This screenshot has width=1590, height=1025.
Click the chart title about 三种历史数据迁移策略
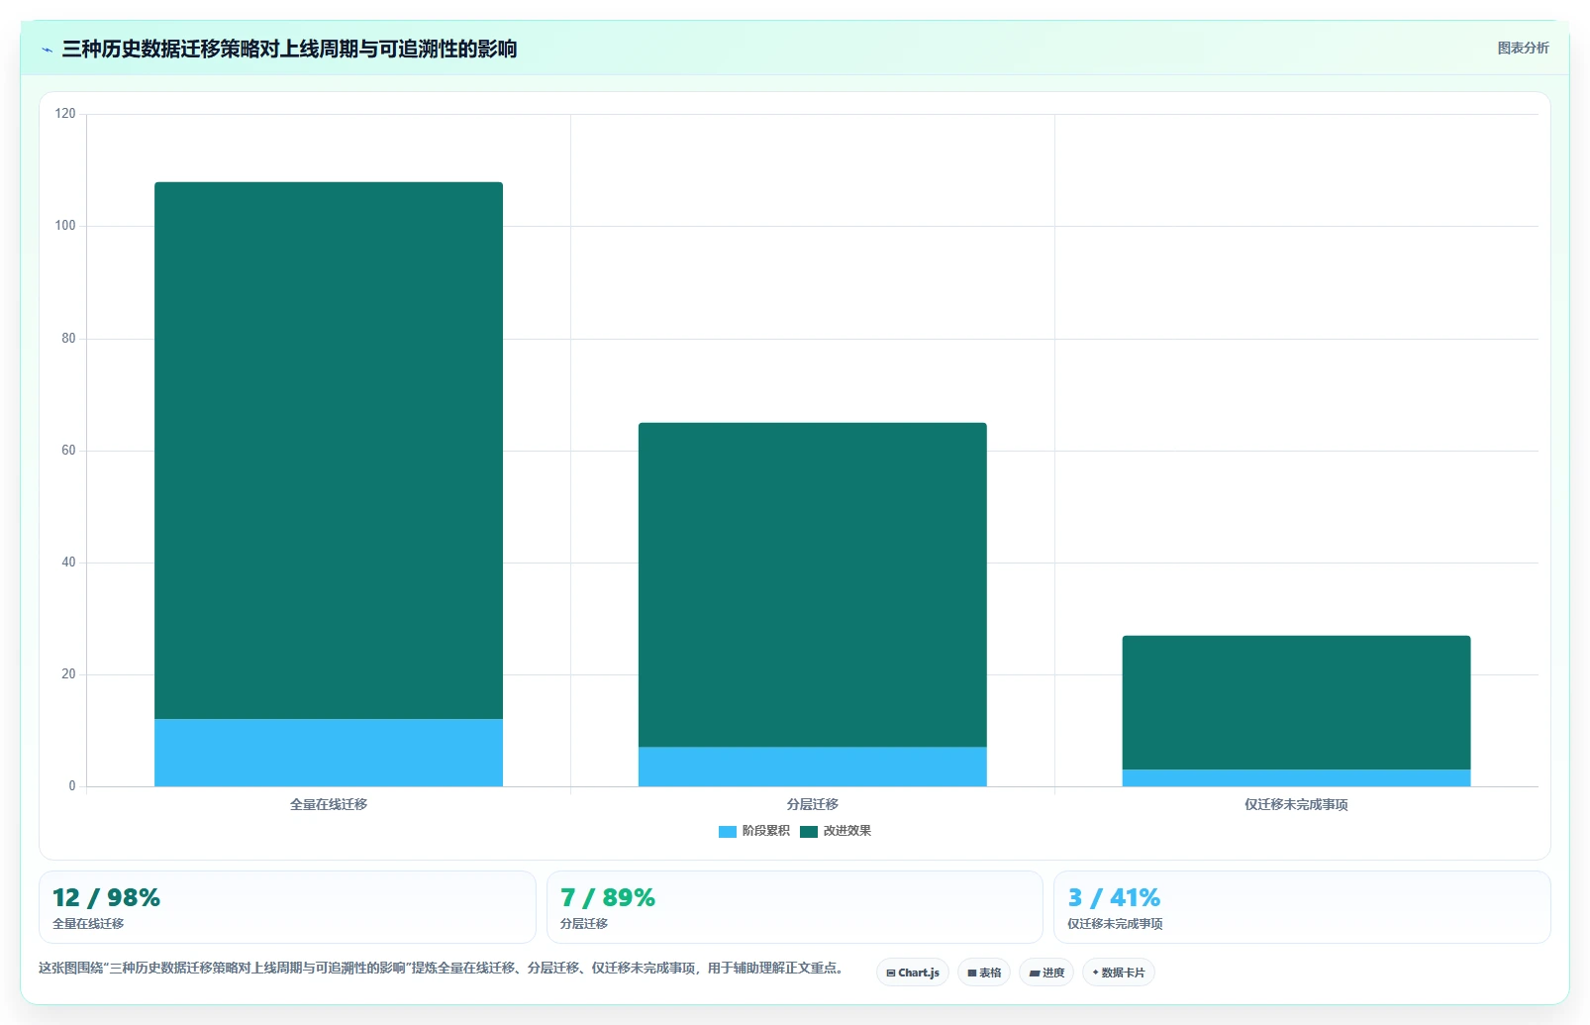(289, 49)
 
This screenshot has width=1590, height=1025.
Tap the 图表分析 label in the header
(1523, 48)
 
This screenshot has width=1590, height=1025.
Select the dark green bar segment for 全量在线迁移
(329, 451)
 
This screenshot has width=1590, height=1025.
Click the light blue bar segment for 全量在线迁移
(329, 753)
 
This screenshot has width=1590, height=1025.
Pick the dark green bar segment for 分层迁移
(812, 585)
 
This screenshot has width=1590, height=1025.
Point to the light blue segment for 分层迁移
(812, 767)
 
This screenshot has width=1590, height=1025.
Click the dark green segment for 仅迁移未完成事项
(1296, 703)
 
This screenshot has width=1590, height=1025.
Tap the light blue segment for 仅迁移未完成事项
(1296, 778)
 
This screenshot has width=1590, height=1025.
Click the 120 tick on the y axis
(65, 114)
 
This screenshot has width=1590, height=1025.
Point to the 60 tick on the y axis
(68, 450)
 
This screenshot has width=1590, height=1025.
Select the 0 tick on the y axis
(71, 785)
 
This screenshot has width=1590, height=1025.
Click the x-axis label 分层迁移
(812, 804)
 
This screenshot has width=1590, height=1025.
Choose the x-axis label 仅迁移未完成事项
(1296, 804)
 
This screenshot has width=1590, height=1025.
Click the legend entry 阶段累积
(753, 831)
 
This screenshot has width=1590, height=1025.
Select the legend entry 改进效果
(836, 831)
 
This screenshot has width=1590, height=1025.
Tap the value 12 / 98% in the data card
(107, 898)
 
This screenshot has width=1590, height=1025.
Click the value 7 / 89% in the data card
(608, 898)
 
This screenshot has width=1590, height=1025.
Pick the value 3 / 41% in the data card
(1114, 898)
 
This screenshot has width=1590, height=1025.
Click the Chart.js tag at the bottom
(913, 973)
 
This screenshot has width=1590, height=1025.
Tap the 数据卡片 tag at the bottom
(1119, 973)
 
